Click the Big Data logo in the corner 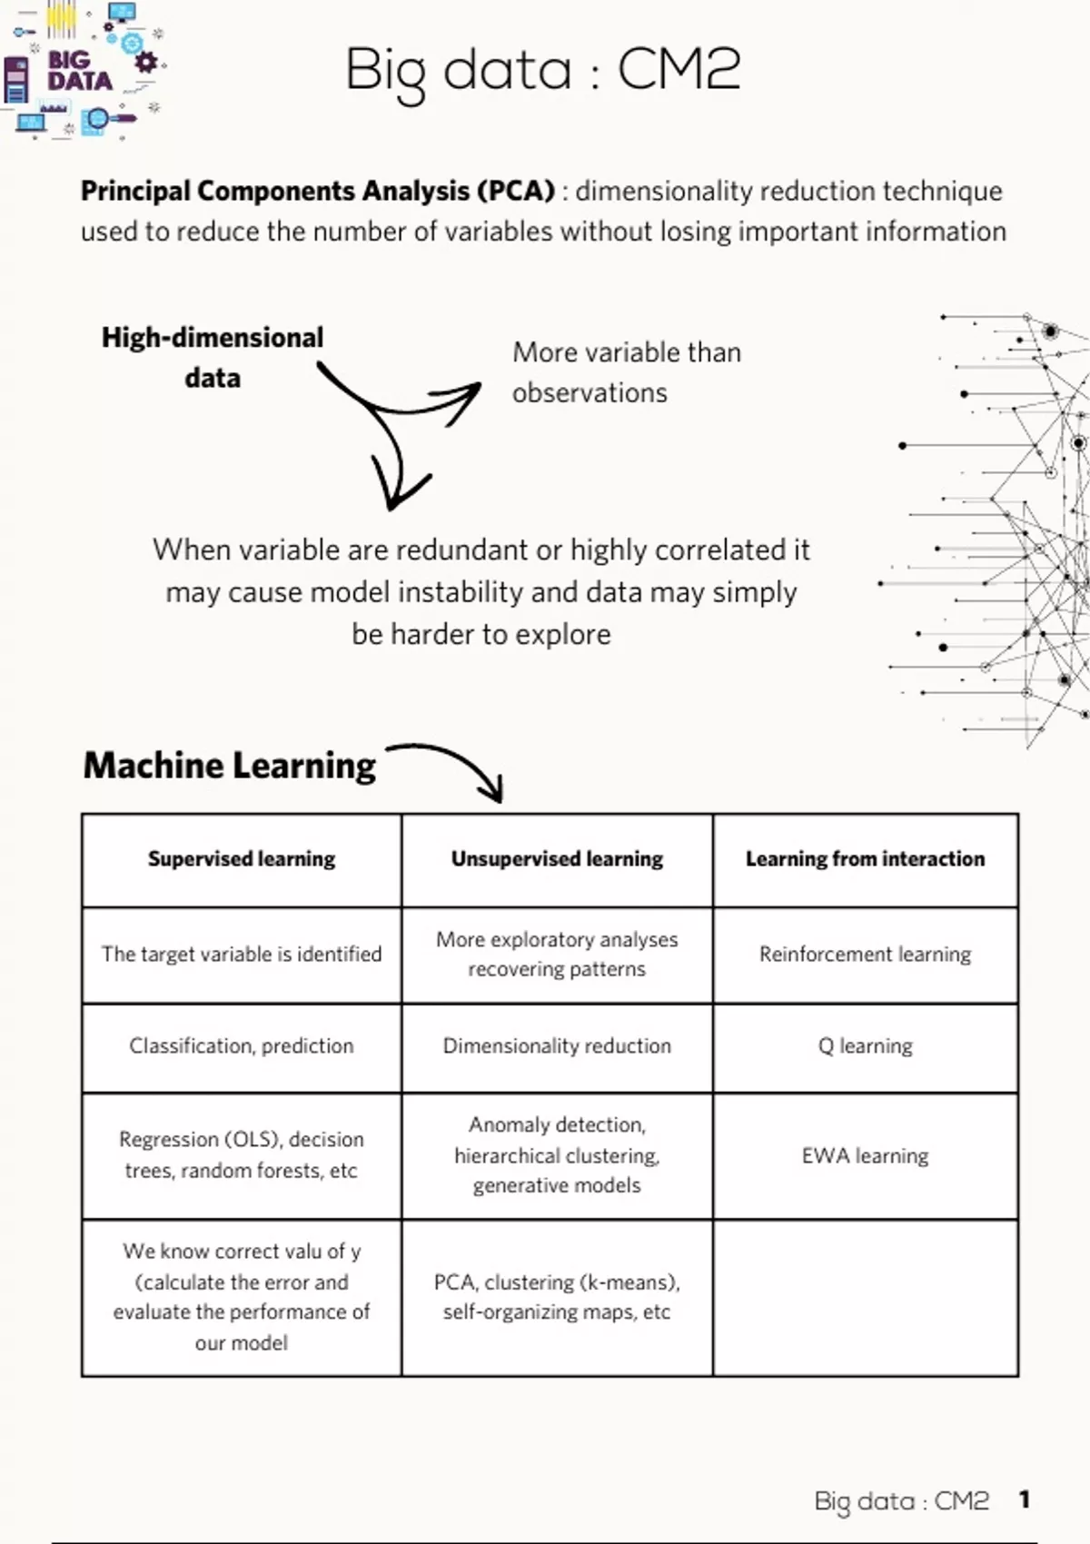pos(82,71)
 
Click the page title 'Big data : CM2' pos(543,71)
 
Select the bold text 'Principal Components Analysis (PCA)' pos(317,192)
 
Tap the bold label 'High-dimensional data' pos(212,357)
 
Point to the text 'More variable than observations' pos(626,372)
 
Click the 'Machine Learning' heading pos(229,766)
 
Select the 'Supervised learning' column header pos(242,859)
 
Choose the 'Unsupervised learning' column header pos(557,859)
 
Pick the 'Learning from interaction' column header pos(865,859)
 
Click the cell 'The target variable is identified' pos(242,955)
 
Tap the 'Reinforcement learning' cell pos(865,955)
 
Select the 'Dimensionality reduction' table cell pos(557,1046)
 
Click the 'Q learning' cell pos(865,1046)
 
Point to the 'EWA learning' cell pos(865,1156)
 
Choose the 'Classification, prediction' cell pos(242,1046)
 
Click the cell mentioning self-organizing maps pos(557,1297)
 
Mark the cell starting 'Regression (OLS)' pos(242,1155)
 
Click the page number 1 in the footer pos(1024,1499)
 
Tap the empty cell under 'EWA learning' pos(865,1297)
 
